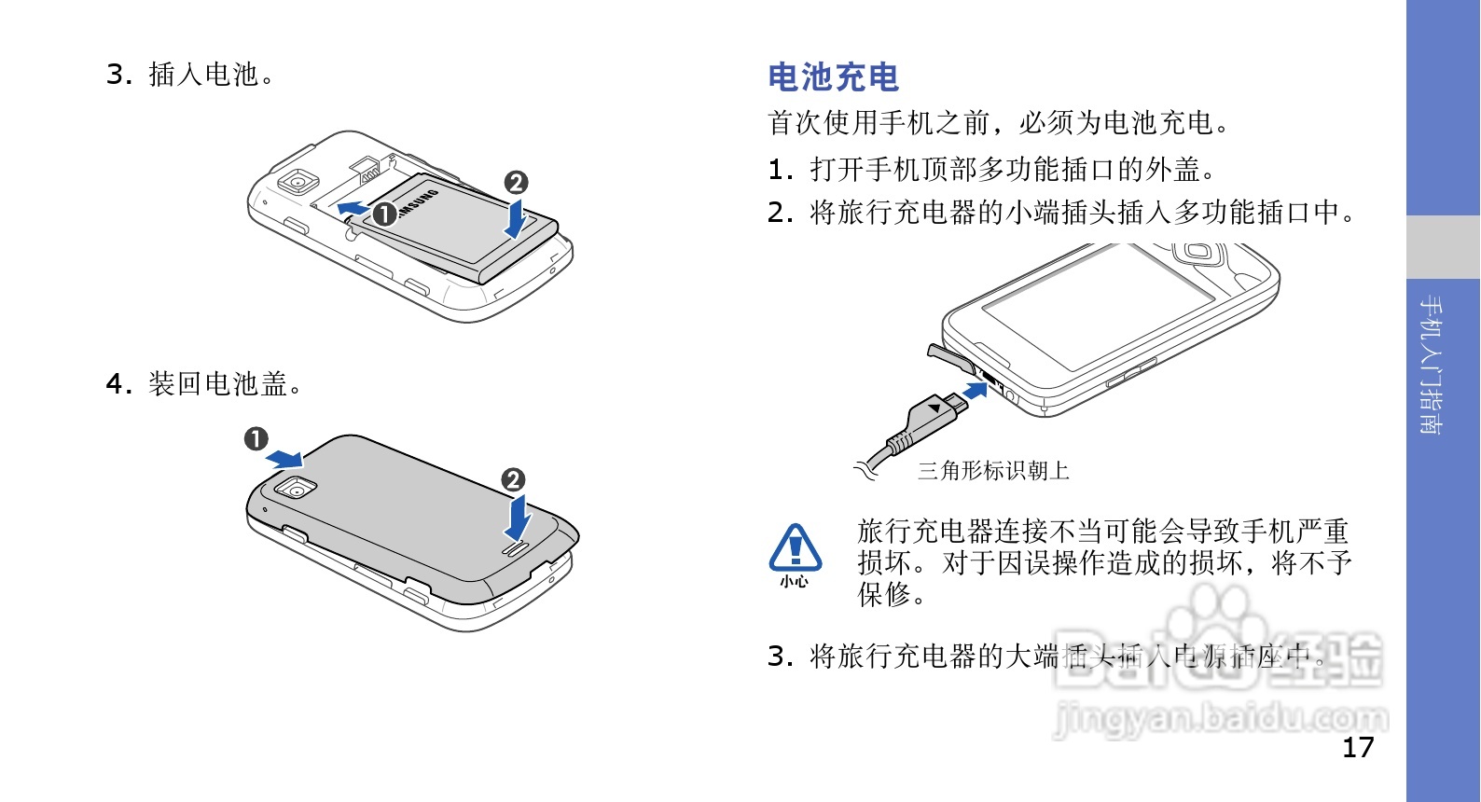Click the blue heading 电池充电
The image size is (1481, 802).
tap(833, 77)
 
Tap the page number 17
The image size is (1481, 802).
tap(1358, 747)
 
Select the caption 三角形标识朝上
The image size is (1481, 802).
tap(993, 471)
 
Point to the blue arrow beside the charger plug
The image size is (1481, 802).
tap(976, 389)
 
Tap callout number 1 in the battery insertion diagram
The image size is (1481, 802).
tap(384, 214)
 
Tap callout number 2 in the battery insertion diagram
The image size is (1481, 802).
tap(516, 183)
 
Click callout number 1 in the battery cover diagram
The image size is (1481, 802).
tap(256, 438)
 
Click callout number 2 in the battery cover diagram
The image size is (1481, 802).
tap(513, 480)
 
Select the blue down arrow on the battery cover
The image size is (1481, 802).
tap(517, 519)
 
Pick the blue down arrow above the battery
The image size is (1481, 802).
tap(515, 218)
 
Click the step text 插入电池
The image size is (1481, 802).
tap(211, 75)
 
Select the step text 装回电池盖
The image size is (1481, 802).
tap(225, 384)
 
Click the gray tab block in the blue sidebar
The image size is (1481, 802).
tap(1443, 247)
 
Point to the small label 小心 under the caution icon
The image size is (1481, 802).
tap(795, 582)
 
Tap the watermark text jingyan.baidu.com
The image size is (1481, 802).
tap(1221, 719)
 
